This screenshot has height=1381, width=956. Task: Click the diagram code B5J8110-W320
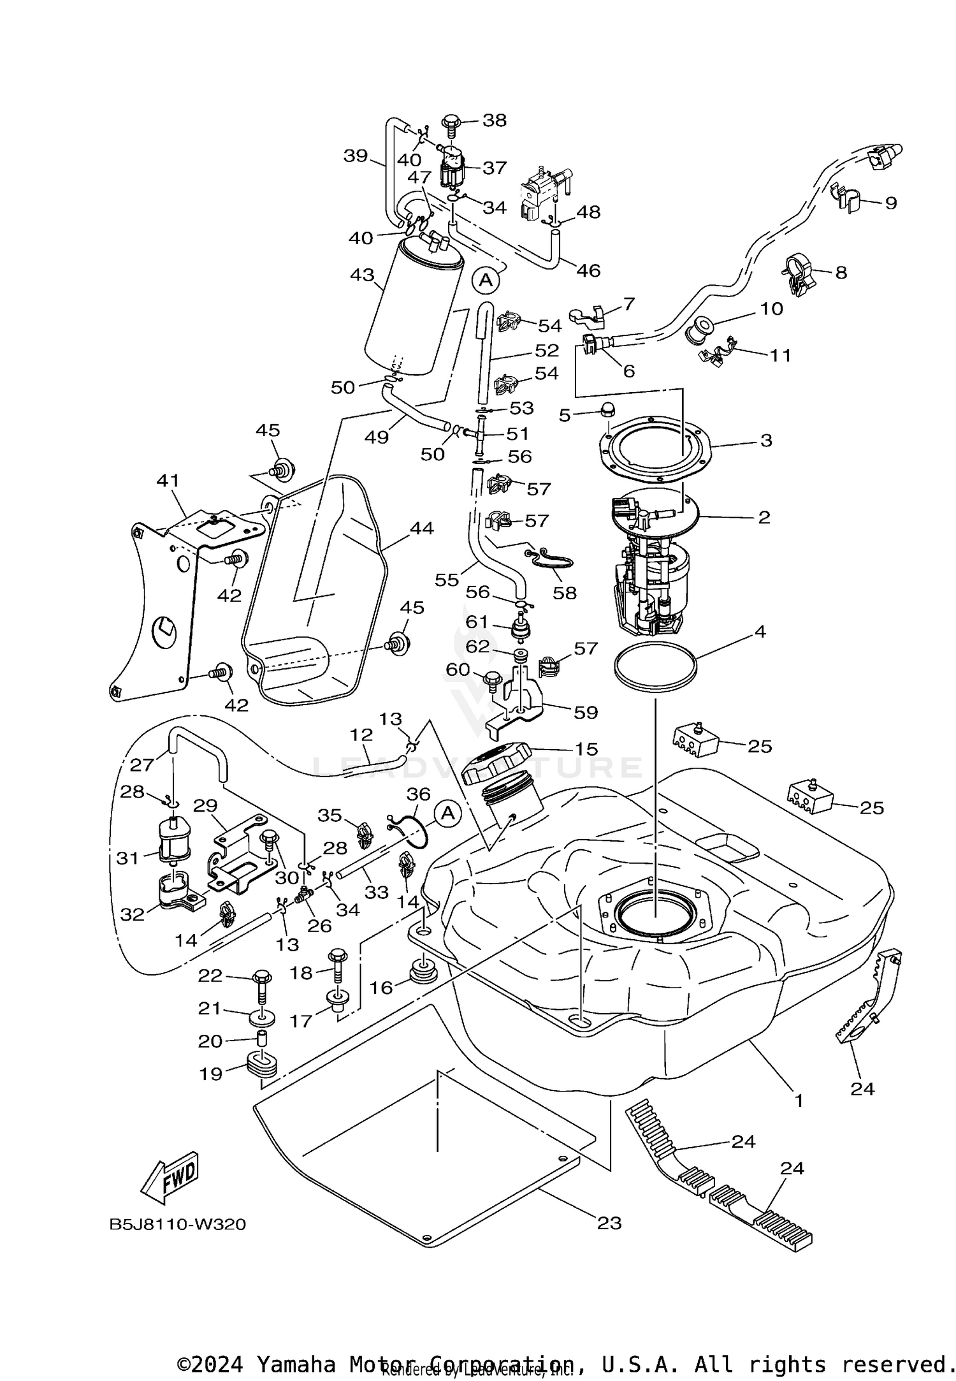pos(177,1225)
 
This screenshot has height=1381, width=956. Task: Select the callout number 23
pos(609,1223)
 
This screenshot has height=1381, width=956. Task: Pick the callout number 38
pos(495,120)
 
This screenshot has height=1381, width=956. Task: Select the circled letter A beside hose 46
pos(486,279)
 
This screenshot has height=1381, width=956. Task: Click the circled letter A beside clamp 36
pos(448,814)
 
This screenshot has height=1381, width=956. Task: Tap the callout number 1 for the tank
pos(798,1099)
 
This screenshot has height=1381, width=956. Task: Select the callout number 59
pos(586,712)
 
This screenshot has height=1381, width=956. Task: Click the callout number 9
pos(890,203)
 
